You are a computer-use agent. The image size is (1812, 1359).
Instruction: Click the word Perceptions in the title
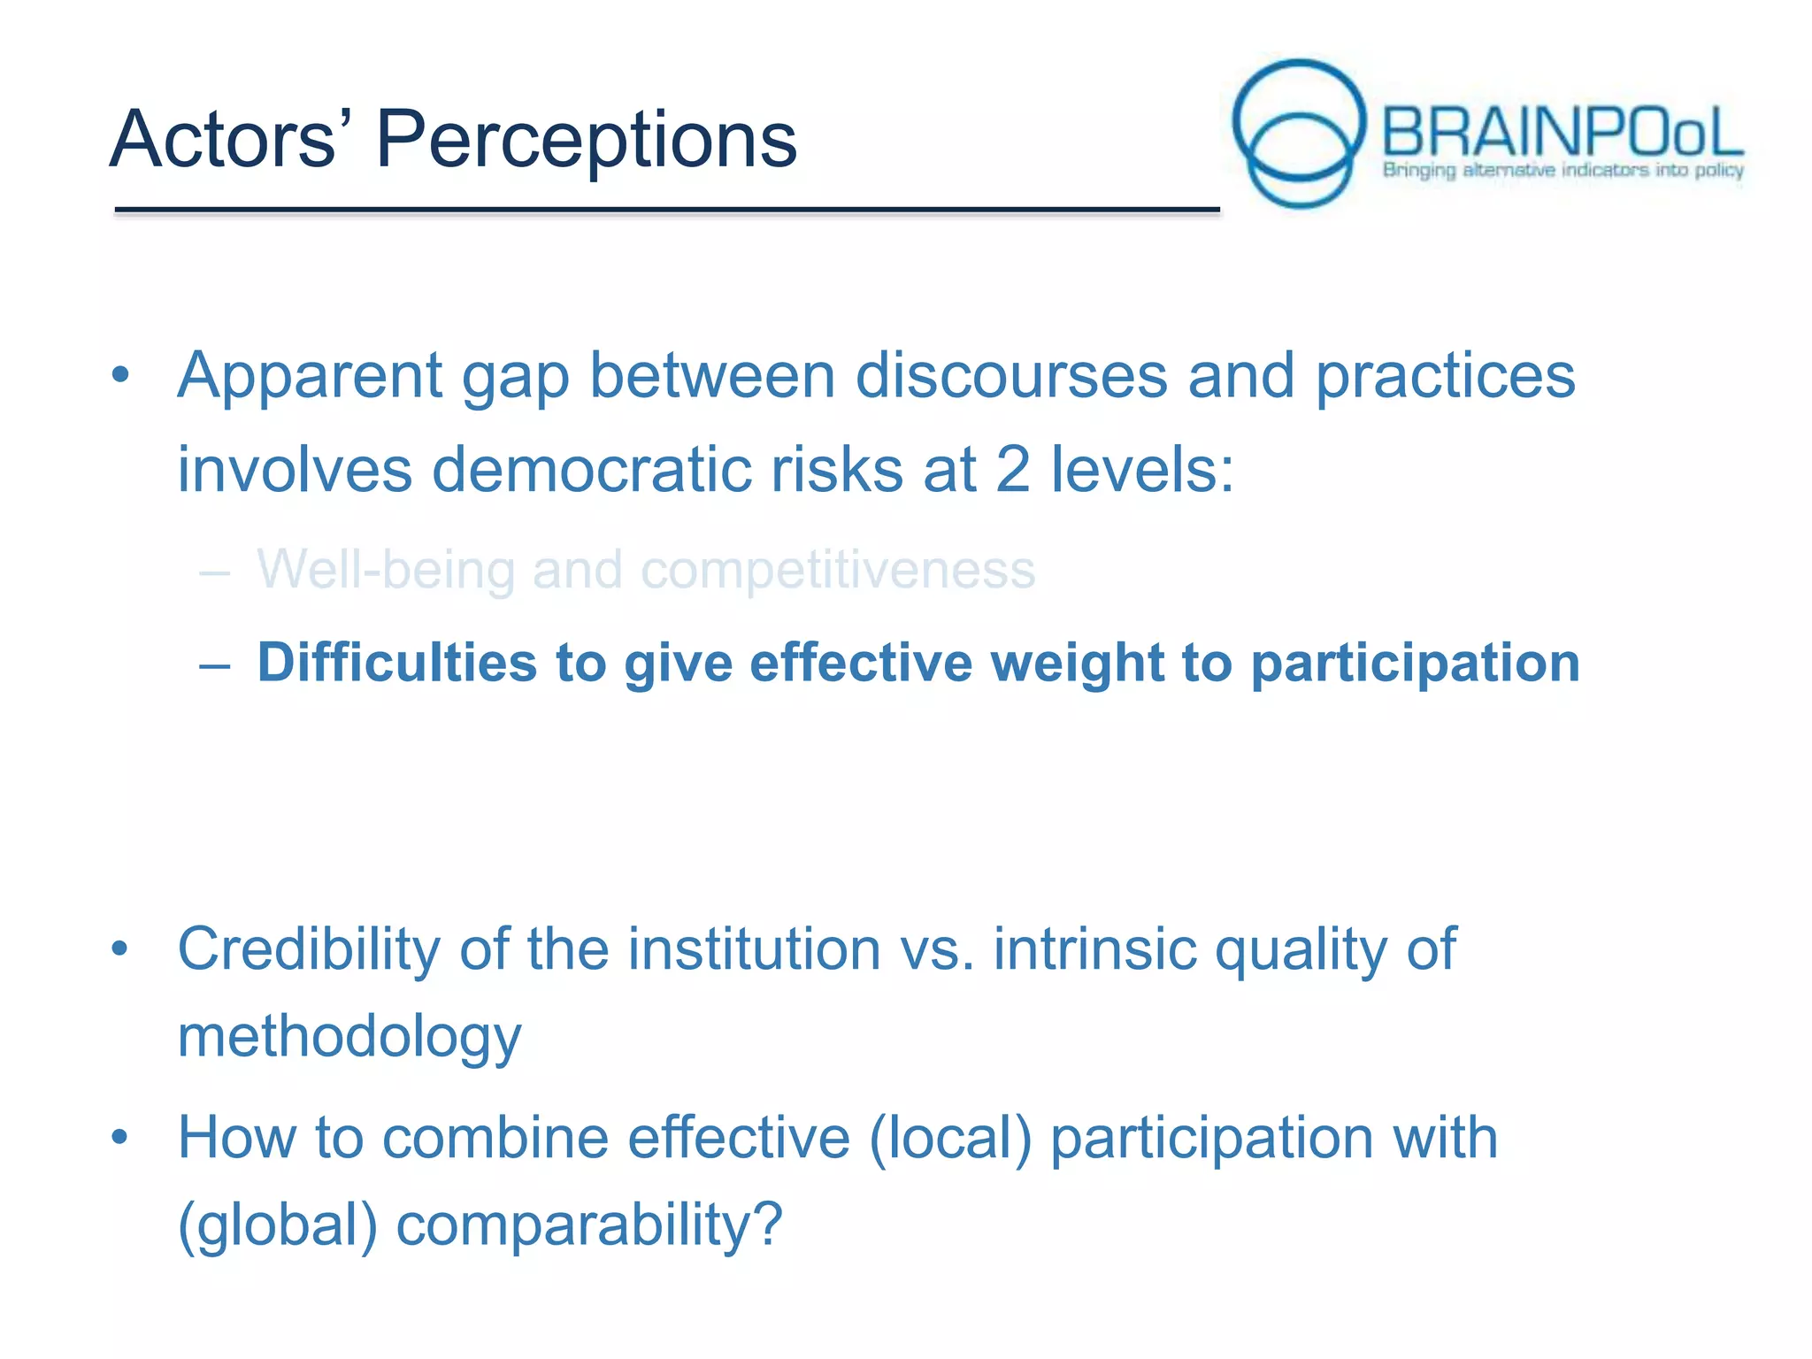pyautogui.click(x=586, y=140)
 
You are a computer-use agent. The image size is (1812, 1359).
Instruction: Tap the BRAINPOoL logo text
pyautogui.click(x=1562, y=133)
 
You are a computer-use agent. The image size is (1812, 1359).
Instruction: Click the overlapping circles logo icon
pyautogui.click(x=1298, y=133)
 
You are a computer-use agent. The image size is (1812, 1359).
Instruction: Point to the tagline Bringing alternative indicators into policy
pyautogui.click(x=1562, y=170)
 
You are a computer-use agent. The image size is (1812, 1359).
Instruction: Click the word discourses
pyautogui.click(x=1010, y=376)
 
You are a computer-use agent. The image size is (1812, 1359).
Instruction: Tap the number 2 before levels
pyautogui.click(x=1012, y=469)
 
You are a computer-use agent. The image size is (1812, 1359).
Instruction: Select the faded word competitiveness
pyautogui.click(x=837, y=569)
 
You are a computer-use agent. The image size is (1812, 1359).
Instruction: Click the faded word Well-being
pyautogui.click(x=386, y=569)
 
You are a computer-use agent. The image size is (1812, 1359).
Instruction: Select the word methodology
pyautogui.click(x=349, y=1037)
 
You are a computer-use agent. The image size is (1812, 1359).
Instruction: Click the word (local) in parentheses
pyautogui.click(x=951, y=1138)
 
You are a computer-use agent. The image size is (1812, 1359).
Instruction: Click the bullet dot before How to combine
pyautogui.click(x=120, y=1136)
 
